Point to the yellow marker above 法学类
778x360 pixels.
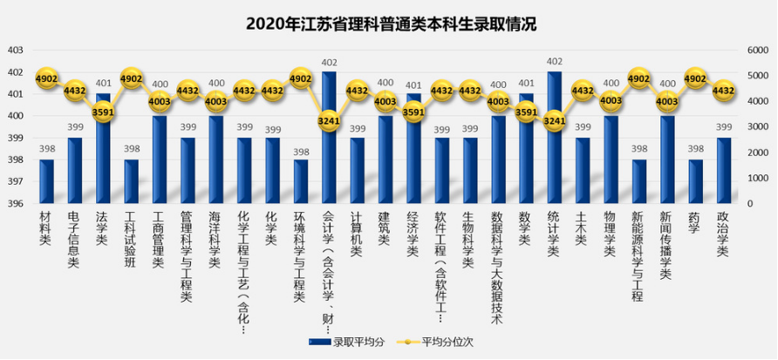(103, 112)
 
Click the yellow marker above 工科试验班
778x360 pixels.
(131, 78)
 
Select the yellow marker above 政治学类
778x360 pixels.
(723, 90)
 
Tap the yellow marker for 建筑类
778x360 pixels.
(385, 101)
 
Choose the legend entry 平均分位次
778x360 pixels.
(436, 341)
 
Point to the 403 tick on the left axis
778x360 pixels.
(15, 50)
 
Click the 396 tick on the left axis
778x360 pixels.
(15, 204)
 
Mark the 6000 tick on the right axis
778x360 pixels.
(755, 50)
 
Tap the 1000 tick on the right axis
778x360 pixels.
(755, 178)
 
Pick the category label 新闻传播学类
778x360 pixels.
(666, 244)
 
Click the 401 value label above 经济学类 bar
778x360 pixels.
(413, 85)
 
